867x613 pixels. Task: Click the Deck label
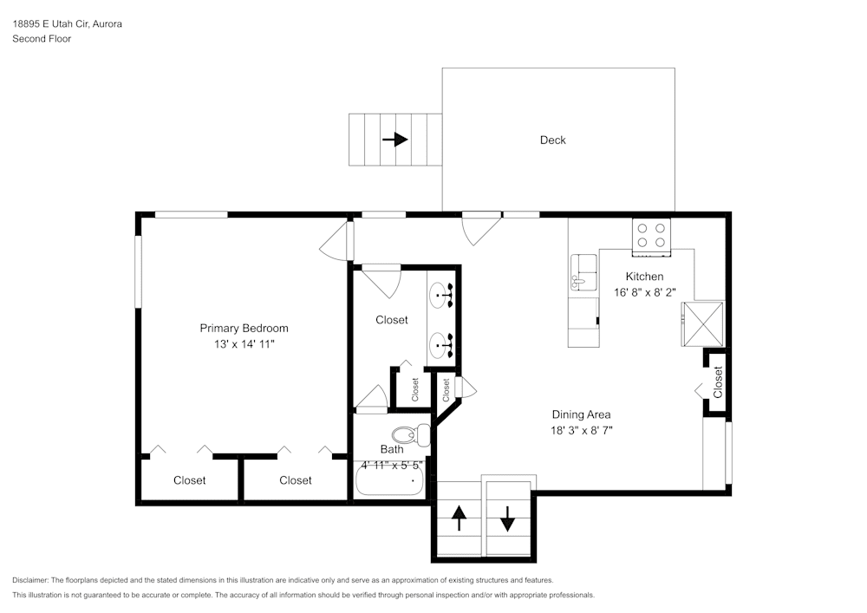552,140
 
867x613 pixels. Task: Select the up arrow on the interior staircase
459,518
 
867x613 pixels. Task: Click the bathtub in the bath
390,482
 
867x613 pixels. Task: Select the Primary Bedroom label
244,328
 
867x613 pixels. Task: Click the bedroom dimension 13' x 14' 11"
244,344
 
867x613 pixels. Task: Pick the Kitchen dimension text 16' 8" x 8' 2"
650,292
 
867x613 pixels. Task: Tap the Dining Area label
581,414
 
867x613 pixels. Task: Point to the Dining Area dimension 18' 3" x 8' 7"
581,430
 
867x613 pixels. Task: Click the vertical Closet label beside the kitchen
718,381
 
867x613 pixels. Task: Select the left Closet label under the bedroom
189,480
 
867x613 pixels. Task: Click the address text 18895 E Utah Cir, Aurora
67,24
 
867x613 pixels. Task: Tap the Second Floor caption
42,39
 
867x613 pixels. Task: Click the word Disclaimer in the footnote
31,580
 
